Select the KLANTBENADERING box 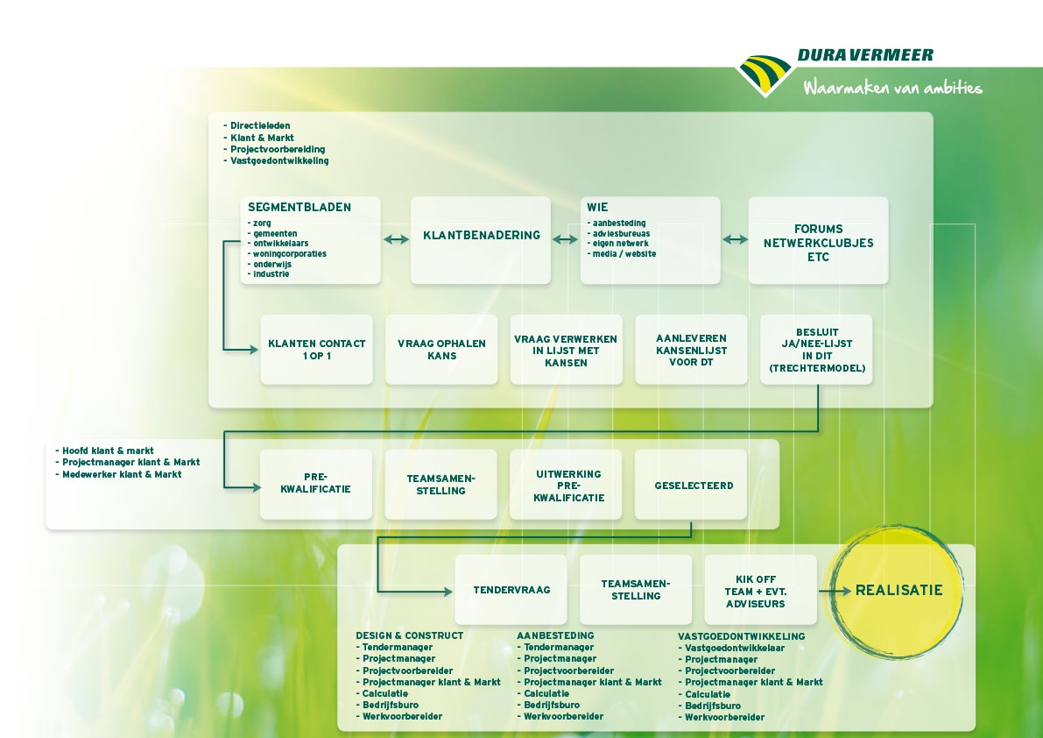click(x=480, y=240)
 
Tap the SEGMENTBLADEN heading click(x=300, y=207)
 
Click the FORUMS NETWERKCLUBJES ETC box click(x=818, y=240)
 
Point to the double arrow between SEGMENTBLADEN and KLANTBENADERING click(x=397, y=239)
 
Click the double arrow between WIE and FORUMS click(x=735, y=239)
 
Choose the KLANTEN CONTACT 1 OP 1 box click(x=317, y=350)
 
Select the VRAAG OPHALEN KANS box click(x=441, y=350)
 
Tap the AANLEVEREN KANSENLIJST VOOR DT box click(x=691, y=350)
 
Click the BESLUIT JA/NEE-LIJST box click(x=816, y=350)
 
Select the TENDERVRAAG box click(x=511, y=590)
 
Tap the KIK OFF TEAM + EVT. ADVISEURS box click(x=761, y=590)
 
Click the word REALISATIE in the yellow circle click(x=899, y=590)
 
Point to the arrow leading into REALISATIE click(x=835, y=591)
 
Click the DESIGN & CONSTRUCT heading click(x=409, y=635)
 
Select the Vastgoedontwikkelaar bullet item click(x=731, y=648)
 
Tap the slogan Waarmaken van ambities click(x=892, y=87)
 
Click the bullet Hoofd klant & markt click(x=104, y=451)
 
